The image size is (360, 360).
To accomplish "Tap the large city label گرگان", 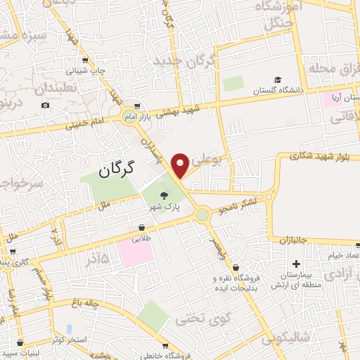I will (117, 169).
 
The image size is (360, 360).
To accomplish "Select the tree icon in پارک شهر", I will (165, 195).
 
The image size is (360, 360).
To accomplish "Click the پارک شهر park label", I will (163, 207).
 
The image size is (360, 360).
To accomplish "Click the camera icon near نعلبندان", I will (46, 105).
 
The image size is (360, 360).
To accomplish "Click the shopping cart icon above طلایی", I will (142, 228).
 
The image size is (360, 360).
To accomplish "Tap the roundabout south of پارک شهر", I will (202, 214).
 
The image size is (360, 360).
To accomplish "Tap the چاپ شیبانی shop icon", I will (85, 60).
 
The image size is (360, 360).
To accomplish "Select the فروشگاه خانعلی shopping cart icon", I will (165, 345).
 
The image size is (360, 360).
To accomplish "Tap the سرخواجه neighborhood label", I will (21, 184).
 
